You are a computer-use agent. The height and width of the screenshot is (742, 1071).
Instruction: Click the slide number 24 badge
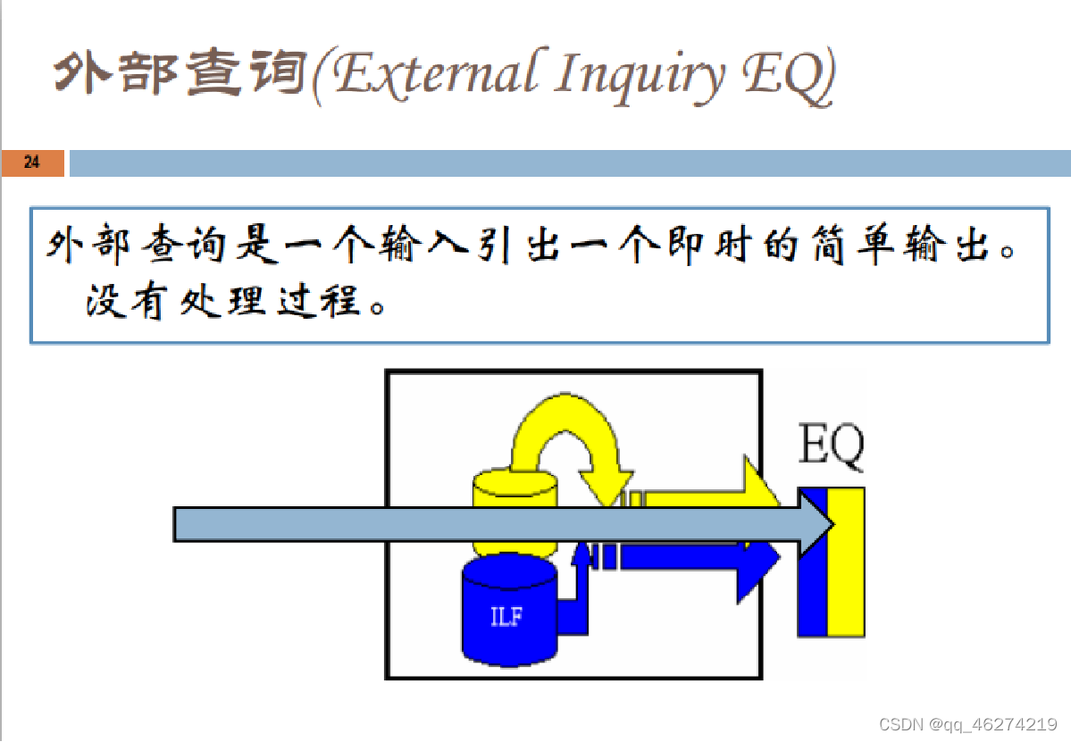32,163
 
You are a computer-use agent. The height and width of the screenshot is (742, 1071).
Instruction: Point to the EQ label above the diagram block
831,448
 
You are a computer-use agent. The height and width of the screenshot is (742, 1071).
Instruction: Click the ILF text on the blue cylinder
506,617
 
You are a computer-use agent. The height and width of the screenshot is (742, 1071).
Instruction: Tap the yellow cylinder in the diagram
515,490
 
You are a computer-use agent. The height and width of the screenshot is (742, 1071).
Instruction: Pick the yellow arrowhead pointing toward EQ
759,487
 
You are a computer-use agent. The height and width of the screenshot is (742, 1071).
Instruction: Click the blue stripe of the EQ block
812,589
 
